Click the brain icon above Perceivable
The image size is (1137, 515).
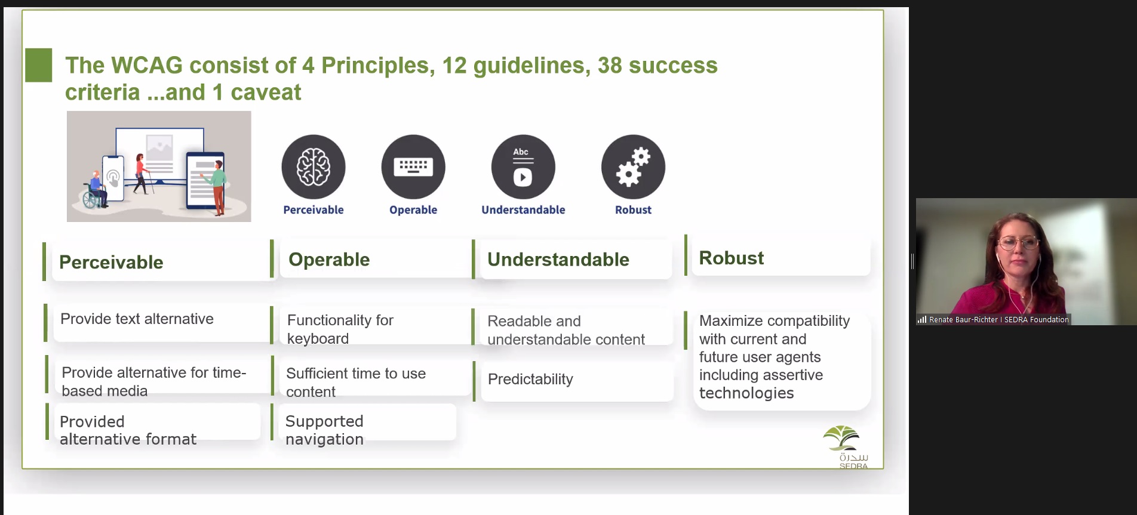point(314,166)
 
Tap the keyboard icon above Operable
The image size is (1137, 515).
point(413,166)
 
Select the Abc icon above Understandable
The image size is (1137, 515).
point(523,166)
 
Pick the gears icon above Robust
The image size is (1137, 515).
point(633,166)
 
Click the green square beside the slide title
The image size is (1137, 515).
point(39,65)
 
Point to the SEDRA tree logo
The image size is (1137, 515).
point(841,438)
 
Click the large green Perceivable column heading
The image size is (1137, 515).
point(111,262)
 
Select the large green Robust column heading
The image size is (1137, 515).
point(731,258)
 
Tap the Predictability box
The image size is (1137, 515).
point(577,380)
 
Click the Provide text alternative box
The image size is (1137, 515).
point(162,322)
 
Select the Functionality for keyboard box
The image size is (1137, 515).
point(376,326)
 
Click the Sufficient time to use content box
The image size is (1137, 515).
point(376,377)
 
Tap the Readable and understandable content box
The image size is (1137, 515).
point(577,327)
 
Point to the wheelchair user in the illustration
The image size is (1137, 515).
point(96,190)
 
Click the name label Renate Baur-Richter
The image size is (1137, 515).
point(963,320)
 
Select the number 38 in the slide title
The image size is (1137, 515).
point(610,65)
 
